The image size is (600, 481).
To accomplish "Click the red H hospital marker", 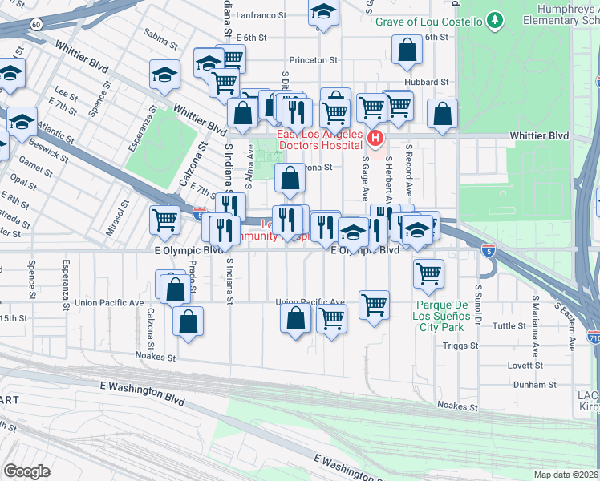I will [375, 141].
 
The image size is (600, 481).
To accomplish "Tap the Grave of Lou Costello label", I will [429, 21].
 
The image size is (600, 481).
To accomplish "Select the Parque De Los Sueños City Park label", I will [440, 316].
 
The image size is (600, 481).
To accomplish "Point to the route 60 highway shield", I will [37, 25].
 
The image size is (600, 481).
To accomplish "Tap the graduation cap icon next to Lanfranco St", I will [323, 12].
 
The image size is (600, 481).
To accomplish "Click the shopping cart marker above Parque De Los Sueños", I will [428, 273].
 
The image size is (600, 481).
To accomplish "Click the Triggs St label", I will [460, 346].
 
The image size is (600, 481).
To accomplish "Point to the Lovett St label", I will [525, 365].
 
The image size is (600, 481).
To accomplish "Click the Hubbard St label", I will [427, 83].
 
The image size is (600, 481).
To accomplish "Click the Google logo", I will [27, 471].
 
